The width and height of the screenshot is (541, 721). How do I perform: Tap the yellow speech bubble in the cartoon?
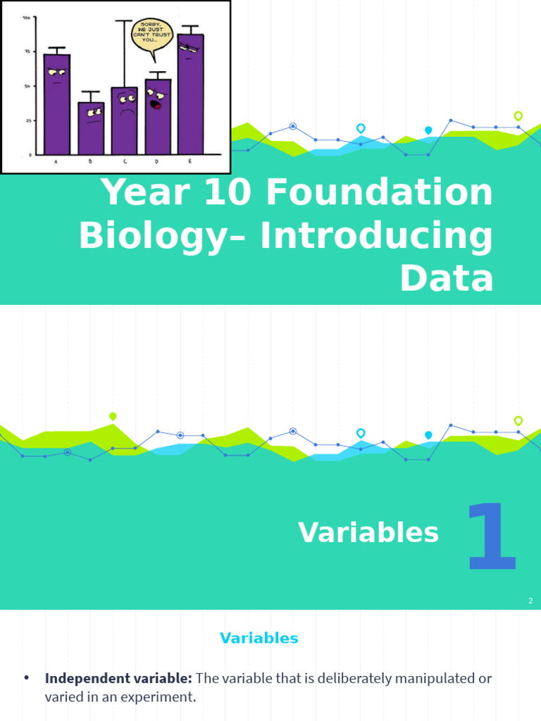(x=151, y=35)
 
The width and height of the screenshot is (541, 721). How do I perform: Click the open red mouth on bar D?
(x=156, y=105)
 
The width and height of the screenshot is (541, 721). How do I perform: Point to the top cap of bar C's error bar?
(x=124, y=21)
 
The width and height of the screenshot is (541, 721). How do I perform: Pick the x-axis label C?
(x=125, y=162)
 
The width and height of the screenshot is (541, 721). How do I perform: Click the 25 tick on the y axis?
(x=27, y=121)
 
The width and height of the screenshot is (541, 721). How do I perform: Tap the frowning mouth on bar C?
(x=127, y=111)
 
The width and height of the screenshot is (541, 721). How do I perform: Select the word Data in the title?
(x=447, y=278)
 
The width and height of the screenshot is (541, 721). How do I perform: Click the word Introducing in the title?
(x=377, y=236)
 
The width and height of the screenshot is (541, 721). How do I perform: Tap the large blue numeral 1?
(x=491, y=537)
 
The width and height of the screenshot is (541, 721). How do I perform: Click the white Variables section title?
(x=368, y=533)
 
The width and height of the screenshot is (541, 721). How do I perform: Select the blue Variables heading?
(x=259, y=639)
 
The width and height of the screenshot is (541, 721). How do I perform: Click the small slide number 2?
(x=530, y=601)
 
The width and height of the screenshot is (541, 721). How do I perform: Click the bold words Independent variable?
(x=118, y=679)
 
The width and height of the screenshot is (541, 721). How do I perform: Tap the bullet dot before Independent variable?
(x=27, y=678)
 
